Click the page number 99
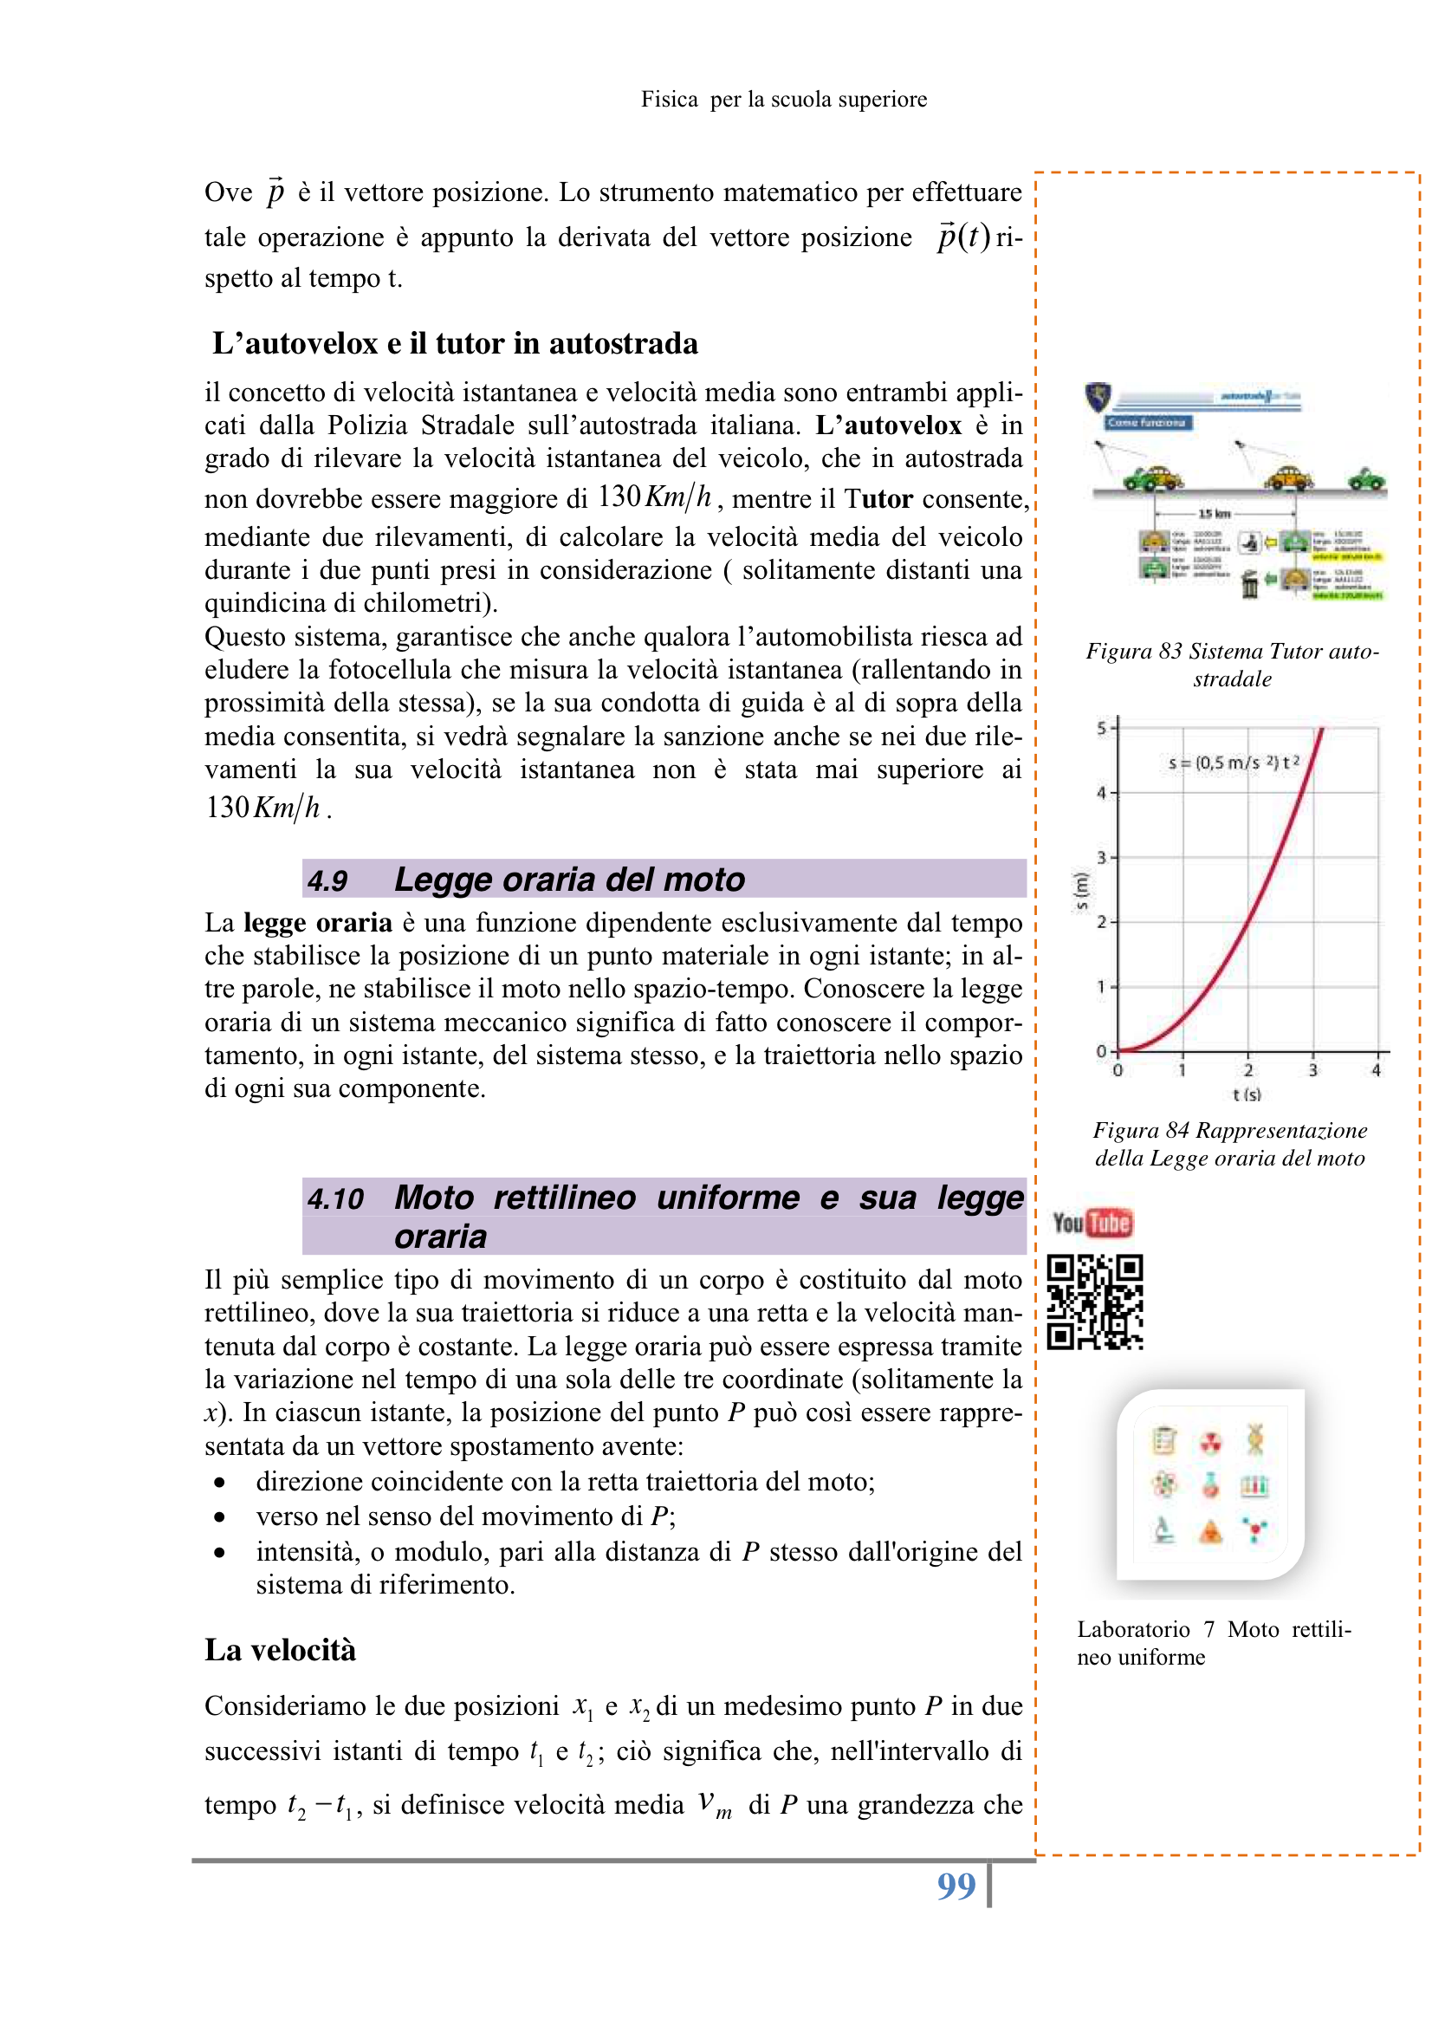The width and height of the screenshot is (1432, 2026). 956,1886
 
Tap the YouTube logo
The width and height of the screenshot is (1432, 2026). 1092,1223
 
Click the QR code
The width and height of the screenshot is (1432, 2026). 1095,1302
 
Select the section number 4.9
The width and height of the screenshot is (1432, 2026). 327,880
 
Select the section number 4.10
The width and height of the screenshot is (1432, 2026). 335,1198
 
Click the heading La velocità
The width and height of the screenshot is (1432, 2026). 281,1650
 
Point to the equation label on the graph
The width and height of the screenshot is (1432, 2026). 1234,763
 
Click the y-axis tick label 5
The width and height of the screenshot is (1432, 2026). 1101,728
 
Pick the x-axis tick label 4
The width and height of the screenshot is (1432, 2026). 1376,1070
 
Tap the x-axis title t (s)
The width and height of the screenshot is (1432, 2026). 1247,1095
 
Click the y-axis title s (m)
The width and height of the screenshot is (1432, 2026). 1080,891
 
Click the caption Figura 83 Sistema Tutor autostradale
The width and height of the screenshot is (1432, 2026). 1232,665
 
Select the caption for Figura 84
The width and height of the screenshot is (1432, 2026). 1230,1144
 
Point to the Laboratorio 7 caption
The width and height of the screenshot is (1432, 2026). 1213,1642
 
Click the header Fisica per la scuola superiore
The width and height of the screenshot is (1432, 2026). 783,100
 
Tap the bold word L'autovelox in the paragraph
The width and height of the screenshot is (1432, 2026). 888,425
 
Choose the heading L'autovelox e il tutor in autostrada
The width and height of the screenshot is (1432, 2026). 456,343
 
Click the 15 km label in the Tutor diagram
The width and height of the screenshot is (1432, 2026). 1214,514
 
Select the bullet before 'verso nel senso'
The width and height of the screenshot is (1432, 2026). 219,1516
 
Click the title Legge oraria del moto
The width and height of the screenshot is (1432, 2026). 569,880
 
